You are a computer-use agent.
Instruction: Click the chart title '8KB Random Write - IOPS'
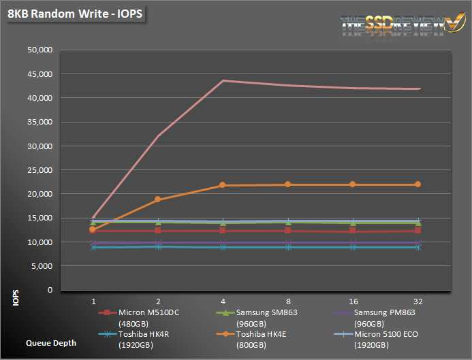[76, 14]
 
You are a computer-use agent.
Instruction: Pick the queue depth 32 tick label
[418, 300]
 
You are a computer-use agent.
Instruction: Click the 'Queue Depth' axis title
[51, 343]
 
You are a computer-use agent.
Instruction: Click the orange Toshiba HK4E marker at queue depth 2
[158, 199]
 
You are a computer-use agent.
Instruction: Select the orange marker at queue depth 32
[418, 184]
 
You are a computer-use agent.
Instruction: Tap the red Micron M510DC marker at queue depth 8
[288, 231]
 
